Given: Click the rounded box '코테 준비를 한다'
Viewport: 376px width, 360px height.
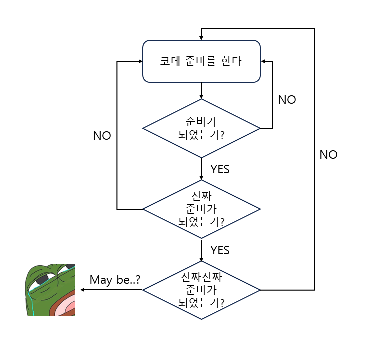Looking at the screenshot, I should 201,61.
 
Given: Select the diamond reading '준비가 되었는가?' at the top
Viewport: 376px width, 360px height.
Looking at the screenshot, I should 201,128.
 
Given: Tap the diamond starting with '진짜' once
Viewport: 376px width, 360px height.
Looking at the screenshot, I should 201,208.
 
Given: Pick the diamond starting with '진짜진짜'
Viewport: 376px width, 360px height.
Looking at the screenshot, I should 201,290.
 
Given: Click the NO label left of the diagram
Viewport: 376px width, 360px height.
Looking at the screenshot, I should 102,136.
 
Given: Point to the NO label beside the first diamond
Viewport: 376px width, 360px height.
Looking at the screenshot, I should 287,100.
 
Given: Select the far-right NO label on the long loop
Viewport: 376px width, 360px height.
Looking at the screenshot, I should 328,155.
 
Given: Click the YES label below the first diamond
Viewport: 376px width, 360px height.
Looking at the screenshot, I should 220,169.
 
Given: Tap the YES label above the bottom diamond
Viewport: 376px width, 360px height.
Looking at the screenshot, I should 220,250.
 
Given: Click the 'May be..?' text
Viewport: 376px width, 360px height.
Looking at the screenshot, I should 115,280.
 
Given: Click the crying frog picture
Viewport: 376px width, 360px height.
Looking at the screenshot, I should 50,290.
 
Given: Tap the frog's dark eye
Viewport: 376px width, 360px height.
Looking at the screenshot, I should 42,278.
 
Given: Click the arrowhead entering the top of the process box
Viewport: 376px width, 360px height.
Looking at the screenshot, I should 201,38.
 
